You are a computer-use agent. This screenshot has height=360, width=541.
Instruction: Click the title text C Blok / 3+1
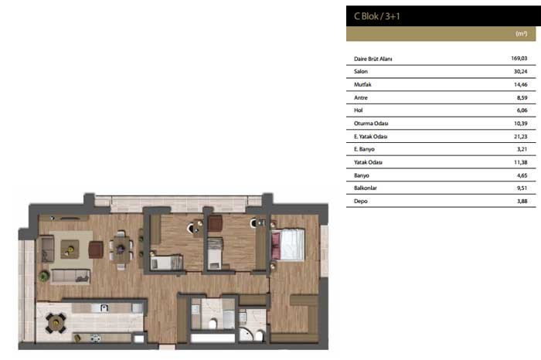click(377, 16)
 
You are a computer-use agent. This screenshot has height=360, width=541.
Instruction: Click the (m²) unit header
click(522, 33)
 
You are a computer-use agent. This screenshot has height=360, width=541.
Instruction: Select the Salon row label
click(361, 71)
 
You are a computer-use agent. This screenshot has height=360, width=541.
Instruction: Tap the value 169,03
click(519, 58)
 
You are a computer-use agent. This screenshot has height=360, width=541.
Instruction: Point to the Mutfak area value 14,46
click(521, 84)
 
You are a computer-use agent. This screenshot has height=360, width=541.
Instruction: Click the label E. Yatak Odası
click(370, 137)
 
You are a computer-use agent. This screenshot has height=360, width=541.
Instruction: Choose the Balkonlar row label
click(366, 188)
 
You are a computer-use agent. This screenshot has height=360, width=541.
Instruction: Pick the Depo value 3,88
click(522, 201)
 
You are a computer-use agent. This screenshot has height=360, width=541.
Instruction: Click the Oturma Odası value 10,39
click(521, 124)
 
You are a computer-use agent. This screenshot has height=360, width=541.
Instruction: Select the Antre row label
click(361, 97)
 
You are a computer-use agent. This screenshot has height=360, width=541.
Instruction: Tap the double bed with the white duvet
click(288, 244)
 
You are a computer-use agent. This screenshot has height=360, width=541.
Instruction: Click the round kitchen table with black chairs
click(56, 323)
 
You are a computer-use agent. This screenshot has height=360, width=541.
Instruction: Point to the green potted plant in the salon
click(44, 277)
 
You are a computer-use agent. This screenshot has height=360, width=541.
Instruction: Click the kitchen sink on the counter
click(104, 307)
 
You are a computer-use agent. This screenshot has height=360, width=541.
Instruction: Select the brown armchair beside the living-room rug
click(96, 250)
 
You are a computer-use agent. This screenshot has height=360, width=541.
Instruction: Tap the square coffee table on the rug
click(70, 249)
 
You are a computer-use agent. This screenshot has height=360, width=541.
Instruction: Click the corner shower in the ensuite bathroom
click(246, 335)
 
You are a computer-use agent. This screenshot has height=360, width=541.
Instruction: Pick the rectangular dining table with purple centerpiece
click(121, 249)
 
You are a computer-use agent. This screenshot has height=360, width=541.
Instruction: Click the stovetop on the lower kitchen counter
click(96, 338)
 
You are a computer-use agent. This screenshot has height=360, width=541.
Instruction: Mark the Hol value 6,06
click(522, 110)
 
